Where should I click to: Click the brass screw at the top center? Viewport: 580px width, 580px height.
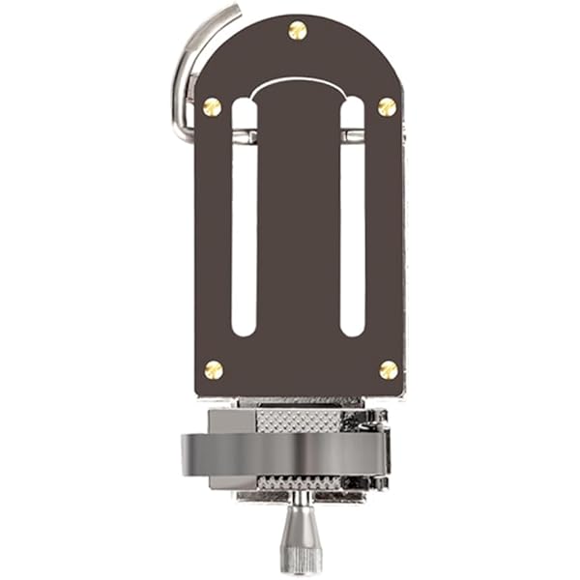(298, 31)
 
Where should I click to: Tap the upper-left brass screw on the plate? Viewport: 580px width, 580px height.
(212, 106)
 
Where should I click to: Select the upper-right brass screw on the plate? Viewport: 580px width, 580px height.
(387, 106)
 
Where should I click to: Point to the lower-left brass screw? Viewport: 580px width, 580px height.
(214, 369)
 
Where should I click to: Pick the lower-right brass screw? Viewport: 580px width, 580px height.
(389, 369)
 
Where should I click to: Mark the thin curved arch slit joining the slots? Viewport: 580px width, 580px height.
(298, 81)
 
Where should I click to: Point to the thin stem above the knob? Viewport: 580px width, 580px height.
(302, 499)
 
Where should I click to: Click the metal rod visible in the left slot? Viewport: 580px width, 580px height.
(245, 136)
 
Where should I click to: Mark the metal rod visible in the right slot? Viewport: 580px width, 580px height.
(354, 136)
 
